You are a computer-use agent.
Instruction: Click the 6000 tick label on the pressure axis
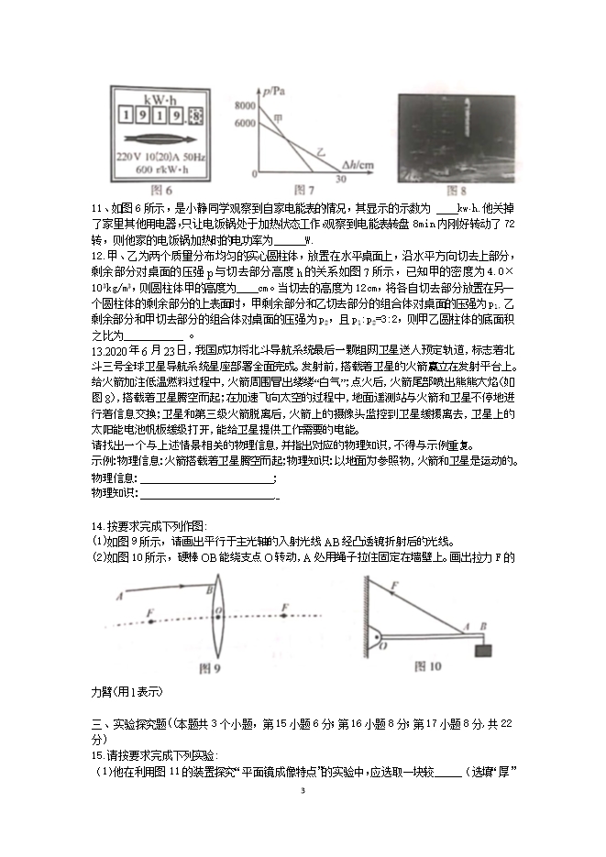click(245, 123)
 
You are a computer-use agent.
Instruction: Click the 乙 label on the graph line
click(320, 149)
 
